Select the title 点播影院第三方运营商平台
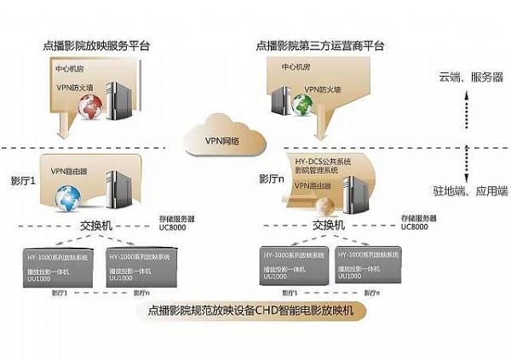click(320, 43)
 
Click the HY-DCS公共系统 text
click(323, 159)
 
